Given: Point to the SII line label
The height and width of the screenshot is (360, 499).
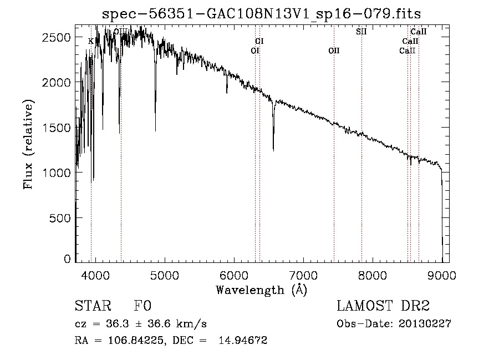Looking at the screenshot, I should pos(361,32).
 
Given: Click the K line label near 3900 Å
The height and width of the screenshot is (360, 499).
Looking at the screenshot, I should pos(91,41).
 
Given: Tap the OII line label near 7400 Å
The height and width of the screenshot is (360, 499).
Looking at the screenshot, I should pos(334,50).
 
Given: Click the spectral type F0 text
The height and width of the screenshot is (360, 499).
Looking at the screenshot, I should pos(142,307).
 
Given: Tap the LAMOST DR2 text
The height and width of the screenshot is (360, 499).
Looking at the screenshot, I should pos(383,307).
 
